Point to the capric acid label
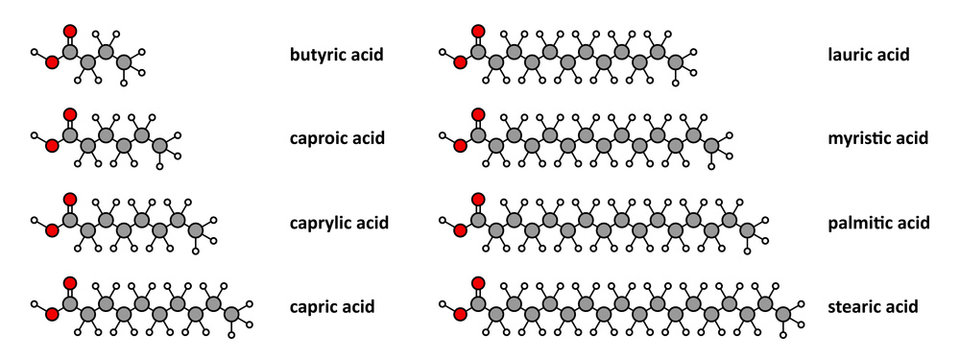pos(331,306)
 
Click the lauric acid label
pos(869,54)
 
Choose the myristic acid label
pos(878,138)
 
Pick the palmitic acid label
pos(879,222)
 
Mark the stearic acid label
pos(872,306)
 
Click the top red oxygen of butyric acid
pos(70,30)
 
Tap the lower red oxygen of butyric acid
pos(52,62)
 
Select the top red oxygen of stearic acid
pos(478,283)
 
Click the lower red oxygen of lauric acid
pos(460,62)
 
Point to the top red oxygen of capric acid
pos(70,283)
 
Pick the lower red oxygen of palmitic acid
pos(460,231)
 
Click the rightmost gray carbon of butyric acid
pos(124,62)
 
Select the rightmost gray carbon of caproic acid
pos(160,147)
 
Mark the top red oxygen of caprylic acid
pos(70,199)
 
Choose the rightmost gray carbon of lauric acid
pos(675,62)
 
